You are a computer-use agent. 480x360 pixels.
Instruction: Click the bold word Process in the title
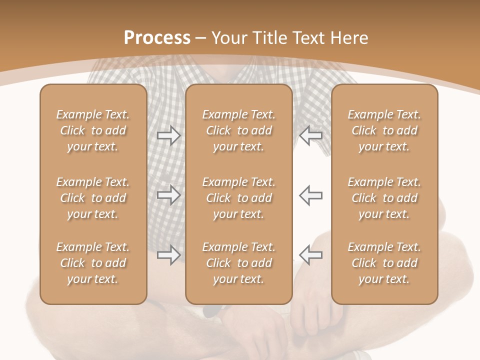(157, 38)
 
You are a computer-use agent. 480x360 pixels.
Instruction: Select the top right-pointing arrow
(168, 135)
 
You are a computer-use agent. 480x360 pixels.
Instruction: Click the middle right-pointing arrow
(168, 195)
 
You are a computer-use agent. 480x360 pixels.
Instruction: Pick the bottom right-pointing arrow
(168, 255)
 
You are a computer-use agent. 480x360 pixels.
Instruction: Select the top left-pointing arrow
(311, 135)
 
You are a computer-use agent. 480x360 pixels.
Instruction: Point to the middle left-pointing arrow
(311, 195)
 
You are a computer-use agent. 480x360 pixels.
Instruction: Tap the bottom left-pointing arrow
(311, 255)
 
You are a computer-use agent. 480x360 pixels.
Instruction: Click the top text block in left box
(93, 130)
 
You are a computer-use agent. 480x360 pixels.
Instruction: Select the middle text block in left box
(93, 198)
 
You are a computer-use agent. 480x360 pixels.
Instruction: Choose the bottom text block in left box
(93, 263)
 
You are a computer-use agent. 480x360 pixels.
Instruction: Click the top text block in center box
(238, 130)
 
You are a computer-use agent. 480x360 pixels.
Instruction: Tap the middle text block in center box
(238, 198)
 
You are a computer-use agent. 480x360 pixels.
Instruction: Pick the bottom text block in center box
(238, 263)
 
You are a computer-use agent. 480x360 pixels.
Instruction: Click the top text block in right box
(384, 130)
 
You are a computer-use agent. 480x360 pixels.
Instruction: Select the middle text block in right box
(384, 198)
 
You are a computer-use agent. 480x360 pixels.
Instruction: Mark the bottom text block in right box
(384, 263)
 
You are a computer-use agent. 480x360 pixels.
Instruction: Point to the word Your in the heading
(230, 38)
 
